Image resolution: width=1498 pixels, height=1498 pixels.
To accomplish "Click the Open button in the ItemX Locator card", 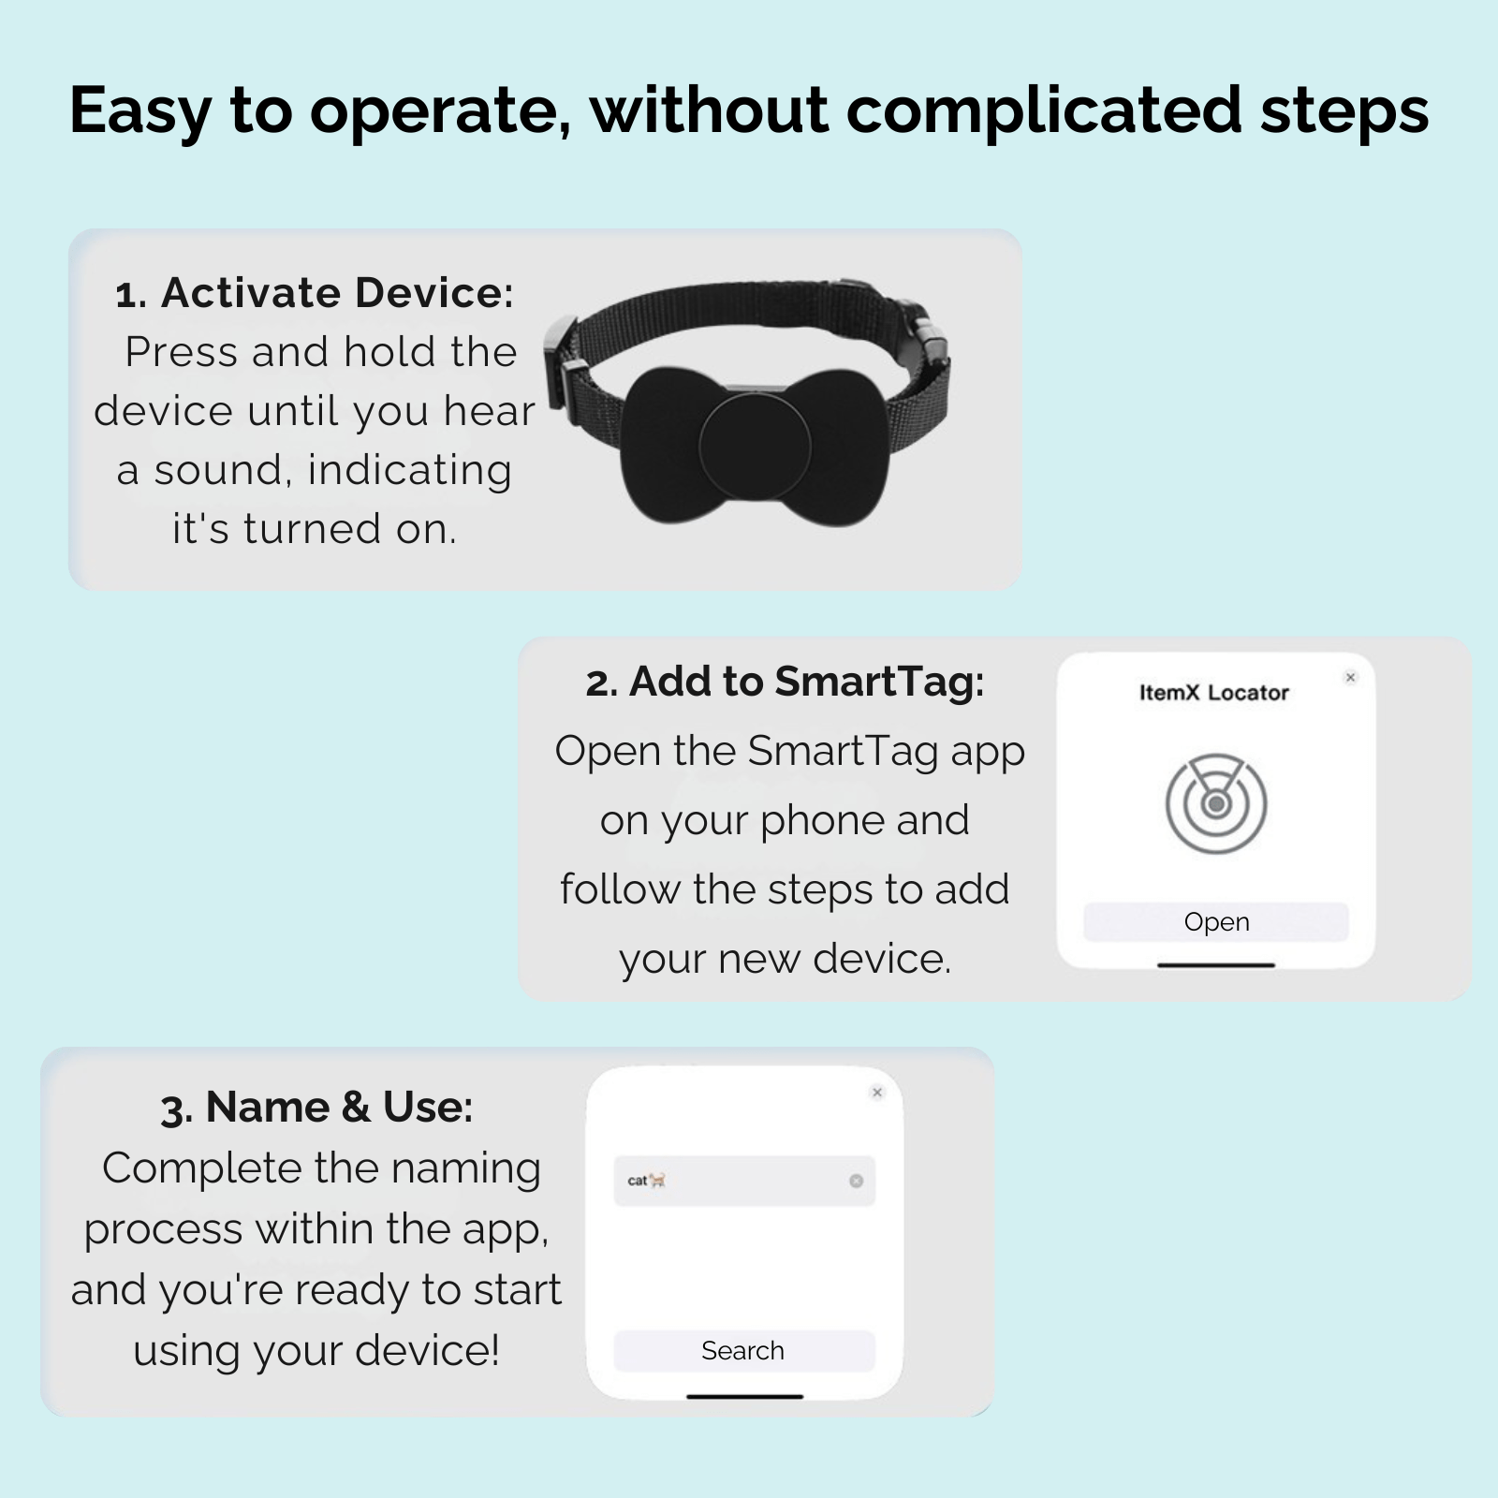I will [x=1215, y=922].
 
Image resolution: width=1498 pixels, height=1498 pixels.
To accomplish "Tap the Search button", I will [x=743, y=1351].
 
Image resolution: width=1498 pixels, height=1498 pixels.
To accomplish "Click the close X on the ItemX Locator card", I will [x=1350, y=677].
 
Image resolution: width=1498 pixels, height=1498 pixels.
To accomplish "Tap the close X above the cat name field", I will [x=877, y=1092].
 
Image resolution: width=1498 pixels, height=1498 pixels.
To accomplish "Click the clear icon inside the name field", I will [x=856, y=1181].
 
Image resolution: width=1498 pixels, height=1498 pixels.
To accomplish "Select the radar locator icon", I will [x=1216, y=803].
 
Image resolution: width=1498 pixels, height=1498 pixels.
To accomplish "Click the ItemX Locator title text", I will [x=1214, y=693].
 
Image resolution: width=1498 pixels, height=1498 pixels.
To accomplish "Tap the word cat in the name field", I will [x=638, y=1181].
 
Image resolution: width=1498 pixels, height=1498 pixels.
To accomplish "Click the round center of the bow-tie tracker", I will [x=755, y=447].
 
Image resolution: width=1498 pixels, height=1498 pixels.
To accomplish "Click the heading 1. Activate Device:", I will [x=315, y=293].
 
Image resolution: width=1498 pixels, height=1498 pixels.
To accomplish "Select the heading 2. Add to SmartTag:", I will [x=785, y=682].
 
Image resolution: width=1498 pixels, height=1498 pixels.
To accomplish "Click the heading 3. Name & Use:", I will [x=316, y=1107].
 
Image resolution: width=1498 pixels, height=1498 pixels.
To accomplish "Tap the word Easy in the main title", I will [x=140, y=110].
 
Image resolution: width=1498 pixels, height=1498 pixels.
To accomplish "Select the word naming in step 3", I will [x=465, y=1168].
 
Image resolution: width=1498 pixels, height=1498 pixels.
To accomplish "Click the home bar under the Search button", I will [x=744, y=1396].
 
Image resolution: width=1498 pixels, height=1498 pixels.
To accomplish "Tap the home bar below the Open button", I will [x=1215, y=964].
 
